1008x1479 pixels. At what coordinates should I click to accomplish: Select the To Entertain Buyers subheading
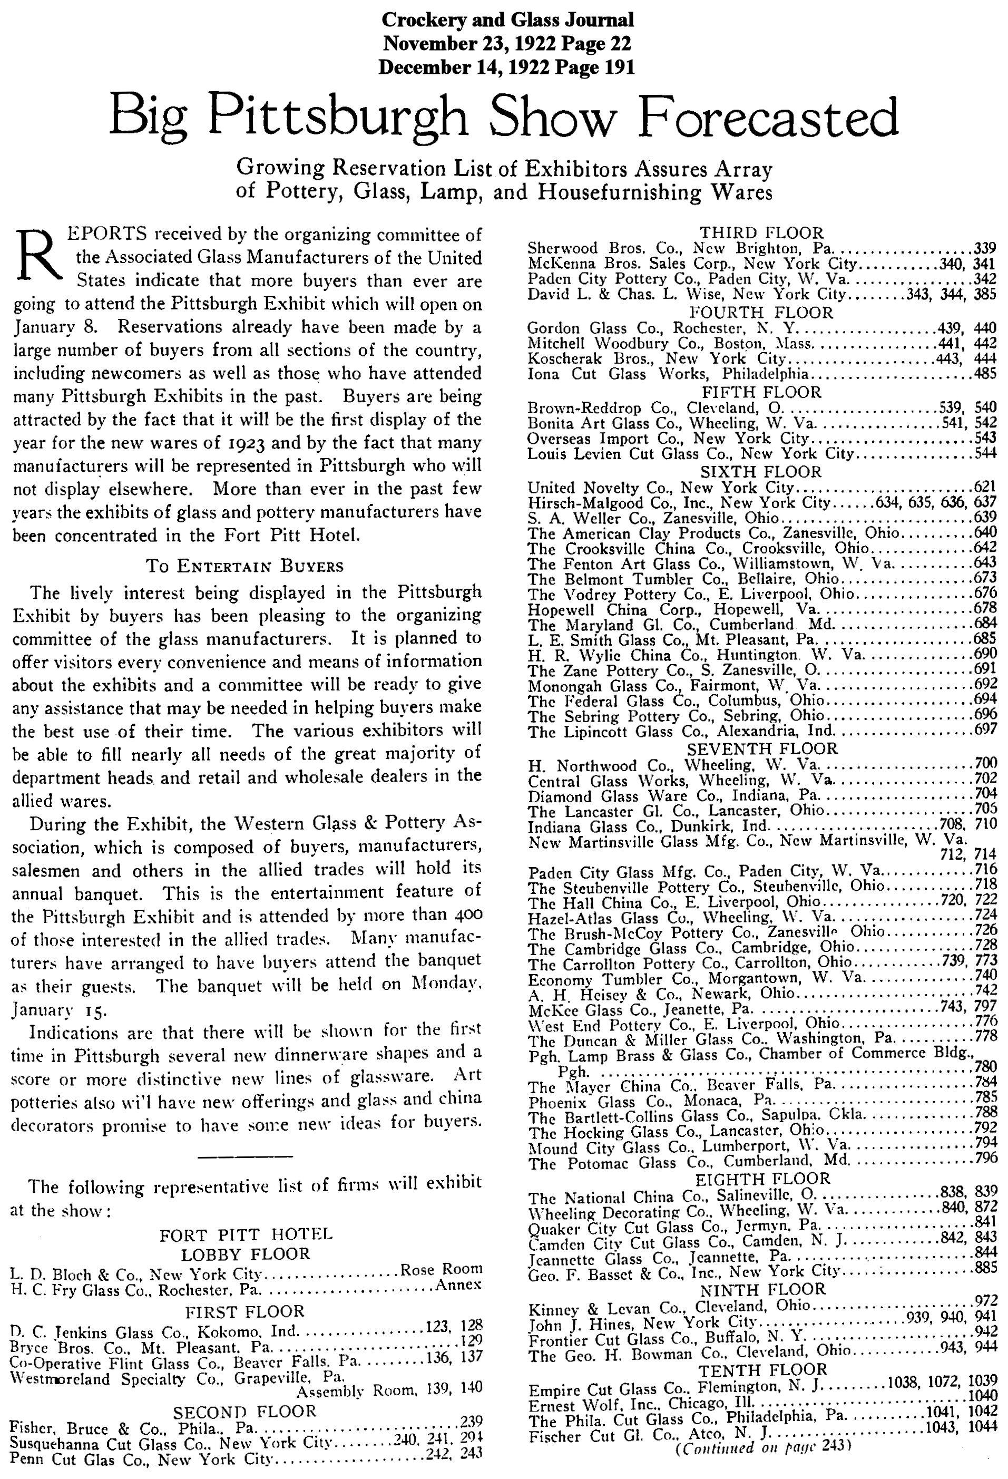coord(244,566)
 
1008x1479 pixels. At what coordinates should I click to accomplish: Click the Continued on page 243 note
coord(762,1464)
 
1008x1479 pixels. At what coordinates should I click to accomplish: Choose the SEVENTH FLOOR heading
coord(762,748)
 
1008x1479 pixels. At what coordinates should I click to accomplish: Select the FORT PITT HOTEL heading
coord(246,1235)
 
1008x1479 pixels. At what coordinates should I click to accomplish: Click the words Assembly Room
coord(349,1390)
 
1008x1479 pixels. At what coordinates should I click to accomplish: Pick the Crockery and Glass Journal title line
coord(507,21)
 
